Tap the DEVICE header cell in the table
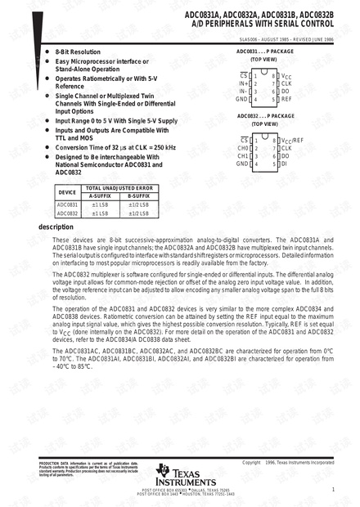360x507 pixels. click(x=68, y=191)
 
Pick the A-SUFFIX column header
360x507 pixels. click(x=100, y=196)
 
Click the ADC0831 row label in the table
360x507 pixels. click(x=68, y=204)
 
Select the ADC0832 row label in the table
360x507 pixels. click(x=68, y=213)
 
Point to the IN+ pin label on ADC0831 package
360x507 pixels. click(x=243, y=83)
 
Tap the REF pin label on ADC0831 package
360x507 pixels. click(x=286, y=98)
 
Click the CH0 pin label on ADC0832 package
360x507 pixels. click(x=243, y=148)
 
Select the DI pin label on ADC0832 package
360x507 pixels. click(x=284, y=164)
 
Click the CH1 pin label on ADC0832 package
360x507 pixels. click(x=243, y=155)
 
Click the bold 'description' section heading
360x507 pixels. click(x=56, y=227)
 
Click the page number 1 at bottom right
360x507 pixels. click(x=333, y=489)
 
